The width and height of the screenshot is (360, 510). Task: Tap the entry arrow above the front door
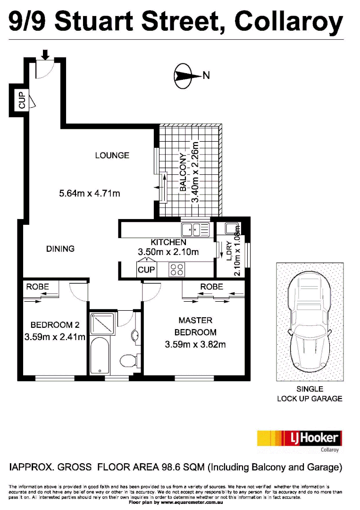point(45,55)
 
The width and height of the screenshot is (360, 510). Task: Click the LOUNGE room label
point(112,155)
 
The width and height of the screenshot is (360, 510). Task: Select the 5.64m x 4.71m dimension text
point(90,193)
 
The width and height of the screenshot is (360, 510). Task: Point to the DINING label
point(60,248)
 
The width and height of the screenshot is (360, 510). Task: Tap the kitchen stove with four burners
point(177,270)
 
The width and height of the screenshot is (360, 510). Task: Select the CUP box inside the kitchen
point(146,270)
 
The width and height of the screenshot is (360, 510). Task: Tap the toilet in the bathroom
point(128,361)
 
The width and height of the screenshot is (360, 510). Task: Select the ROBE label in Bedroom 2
point(37,287)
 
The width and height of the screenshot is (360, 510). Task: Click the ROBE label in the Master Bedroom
point(211,287)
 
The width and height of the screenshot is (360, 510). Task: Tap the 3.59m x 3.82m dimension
point(195,344)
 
